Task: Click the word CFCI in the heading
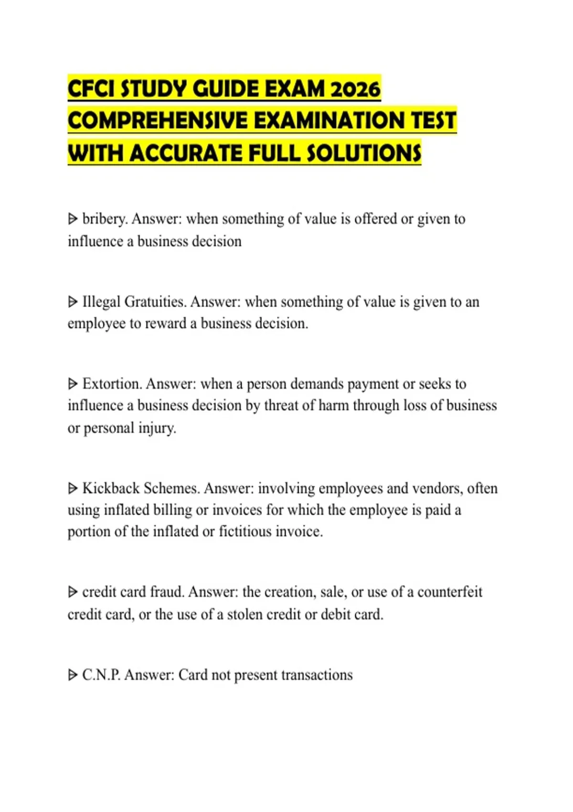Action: [91, 89]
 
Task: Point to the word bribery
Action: [105, 219]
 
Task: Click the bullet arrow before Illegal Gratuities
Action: [73, 302]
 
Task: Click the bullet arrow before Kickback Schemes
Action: [73, 488]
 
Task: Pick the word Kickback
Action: [111, 488]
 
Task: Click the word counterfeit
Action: [450, 592]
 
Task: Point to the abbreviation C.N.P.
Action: [101, 675]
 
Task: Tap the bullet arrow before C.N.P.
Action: [73, 675]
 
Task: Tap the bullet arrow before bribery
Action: [73, 219]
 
